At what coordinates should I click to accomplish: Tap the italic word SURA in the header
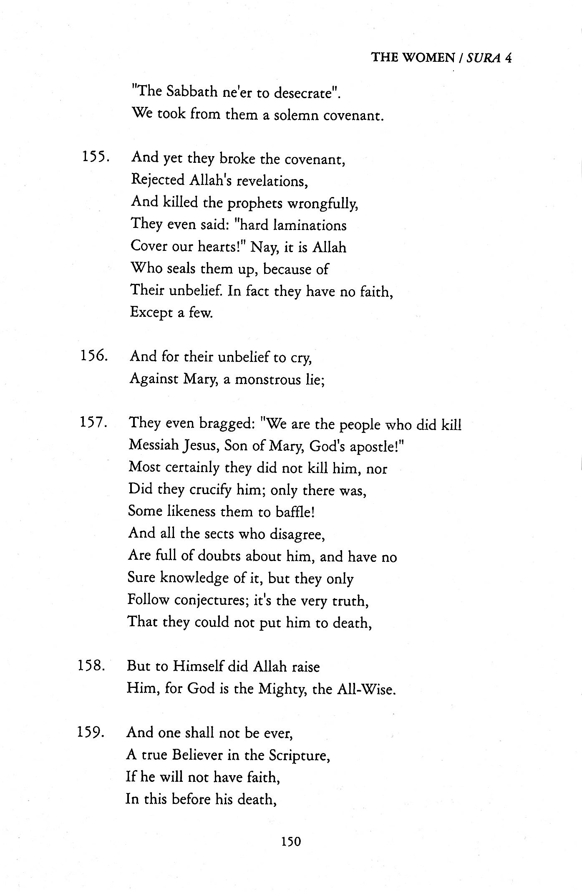pyautogui.click(x=484, y=58)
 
